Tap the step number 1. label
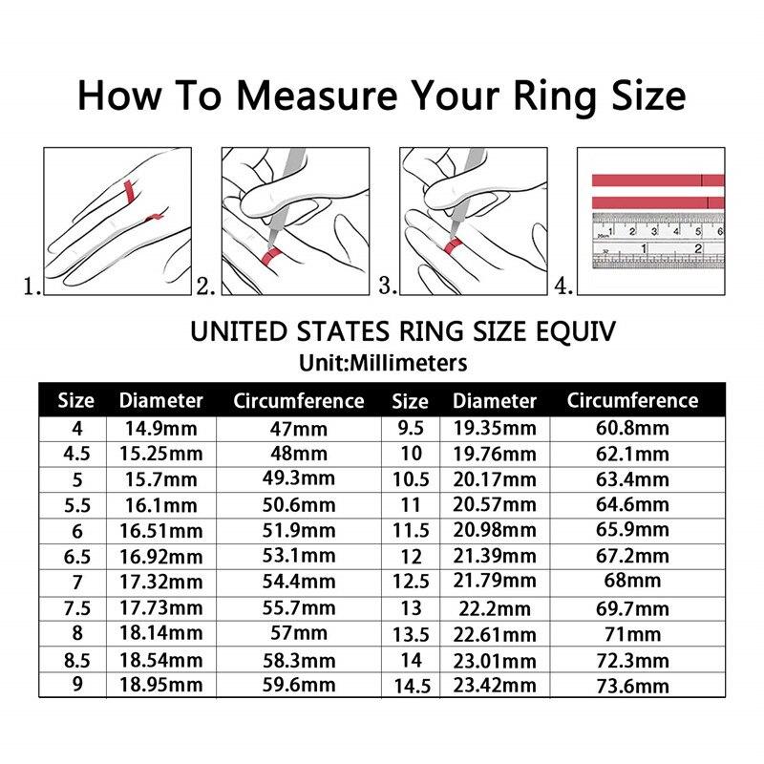point(32,286)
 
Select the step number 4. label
point(564,286)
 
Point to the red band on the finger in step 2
point(270,254)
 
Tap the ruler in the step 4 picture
point(657,239)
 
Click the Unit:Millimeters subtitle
point(382,363)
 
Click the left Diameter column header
point(160,400)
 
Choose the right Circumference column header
point(632,400)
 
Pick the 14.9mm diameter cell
point(160,429)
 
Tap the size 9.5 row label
point(411,429)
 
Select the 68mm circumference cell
point(632,581)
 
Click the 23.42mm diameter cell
point(495,685)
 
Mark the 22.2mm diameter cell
point(495,607)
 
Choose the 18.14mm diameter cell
point(160,632)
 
